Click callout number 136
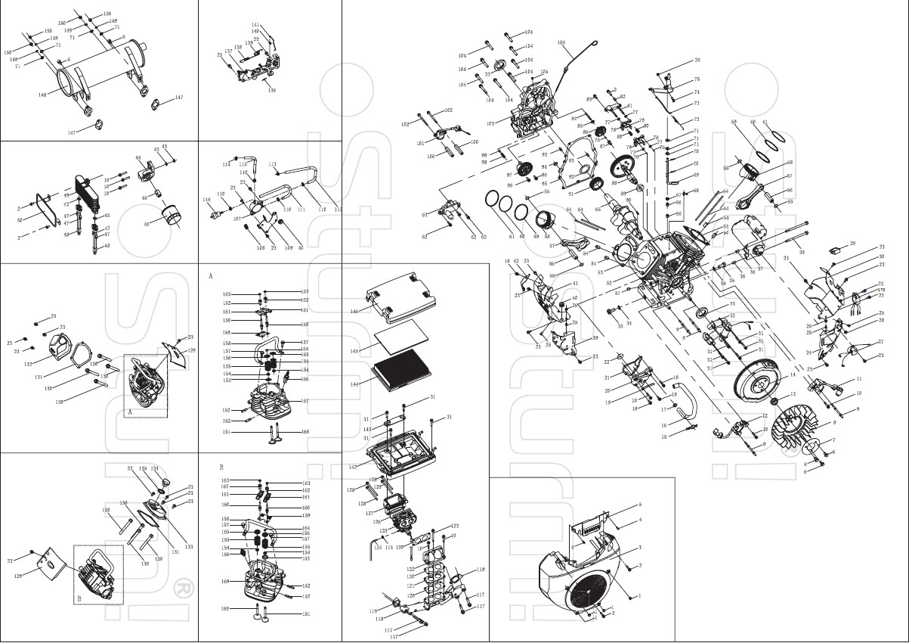pyautogui.click(x=271, y=90)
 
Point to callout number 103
pyautogui.click(x=490, y=123)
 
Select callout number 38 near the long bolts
pyautogui.click(x=802, y=252)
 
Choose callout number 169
pyautogui.click(x=224, y=581)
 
